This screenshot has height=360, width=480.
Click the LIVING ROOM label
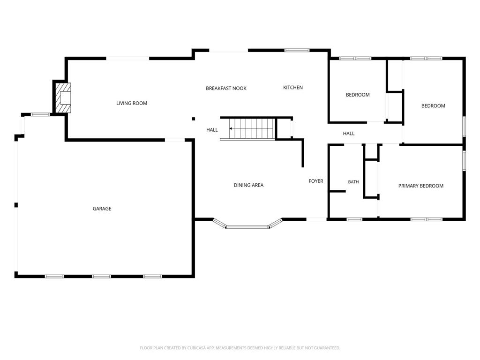pyautogui.click(x=132, y=103)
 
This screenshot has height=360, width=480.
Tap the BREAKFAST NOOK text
pyautogui.click(x=226, y=88)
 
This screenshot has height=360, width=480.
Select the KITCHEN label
pyautogui.click(x=292, y=88)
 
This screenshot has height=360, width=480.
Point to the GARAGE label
pyautogui.click(x=102, y=209)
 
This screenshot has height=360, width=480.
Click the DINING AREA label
pyautogui.click(x=248, y=185)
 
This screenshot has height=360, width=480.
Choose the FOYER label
pyautogui.click(x=316, y=181)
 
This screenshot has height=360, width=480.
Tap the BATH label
pyautogui.click(x=353, y=182)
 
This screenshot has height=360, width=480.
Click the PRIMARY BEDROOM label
pyautogui.click(x=420, y=186)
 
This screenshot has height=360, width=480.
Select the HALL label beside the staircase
pyautogui.click(x=212, y=130)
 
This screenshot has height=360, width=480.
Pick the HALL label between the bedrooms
pyautogui.click(x=349, y=134)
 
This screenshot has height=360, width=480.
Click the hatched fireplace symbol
pyautogui.click(x=63, y=98)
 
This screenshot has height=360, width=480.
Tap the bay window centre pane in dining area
pyautogui.click(x=247, y=227)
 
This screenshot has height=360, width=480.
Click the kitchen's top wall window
pyautogui.click(x=297, y=50)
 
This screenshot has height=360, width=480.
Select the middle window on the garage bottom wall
pyautogui.click(x=102, y=277)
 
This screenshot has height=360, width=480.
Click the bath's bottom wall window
pyautogui.click(x=354, y=219)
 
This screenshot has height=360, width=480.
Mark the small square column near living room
pyautogui.click(x=194, y=119)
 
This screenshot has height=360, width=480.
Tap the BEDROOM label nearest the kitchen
pyautogui.click(x=358, y=95)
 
